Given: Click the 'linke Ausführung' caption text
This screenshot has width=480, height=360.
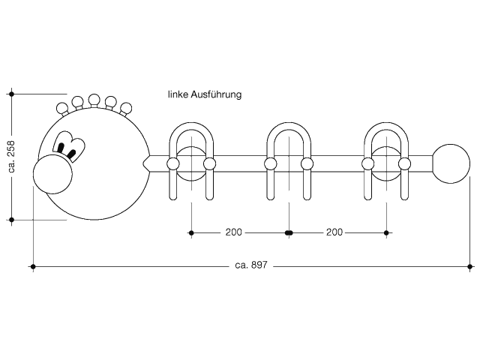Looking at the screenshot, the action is coord(205,94).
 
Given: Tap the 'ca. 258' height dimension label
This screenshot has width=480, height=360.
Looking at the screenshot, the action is coord(11,156).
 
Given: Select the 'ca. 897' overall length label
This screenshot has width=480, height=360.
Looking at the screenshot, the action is coord(251,265).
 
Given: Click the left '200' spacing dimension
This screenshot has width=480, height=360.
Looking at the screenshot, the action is coord(233,232).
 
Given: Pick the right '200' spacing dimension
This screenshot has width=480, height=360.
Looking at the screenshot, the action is coord(334,232).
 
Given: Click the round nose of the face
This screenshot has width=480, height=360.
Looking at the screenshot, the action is coord(52,174).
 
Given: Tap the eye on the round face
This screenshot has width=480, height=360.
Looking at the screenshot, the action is coord(68,146).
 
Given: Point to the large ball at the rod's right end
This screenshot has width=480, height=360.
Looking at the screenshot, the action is coord(451,163).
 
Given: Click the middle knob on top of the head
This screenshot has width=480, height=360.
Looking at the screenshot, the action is coord(94,100).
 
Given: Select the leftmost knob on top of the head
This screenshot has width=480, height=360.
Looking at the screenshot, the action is coord(62,108).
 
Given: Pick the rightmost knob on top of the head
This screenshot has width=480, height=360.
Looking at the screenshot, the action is coord(126,108).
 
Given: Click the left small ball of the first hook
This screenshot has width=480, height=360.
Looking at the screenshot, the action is coord(173,163).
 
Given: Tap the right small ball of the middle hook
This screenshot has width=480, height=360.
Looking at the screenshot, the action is coord(307,163).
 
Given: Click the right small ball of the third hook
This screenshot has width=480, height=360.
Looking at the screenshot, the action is coord(404,163).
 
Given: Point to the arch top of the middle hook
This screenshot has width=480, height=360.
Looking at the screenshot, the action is coord(289,126).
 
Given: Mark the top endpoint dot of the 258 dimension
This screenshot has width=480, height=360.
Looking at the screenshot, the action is coord(12,94).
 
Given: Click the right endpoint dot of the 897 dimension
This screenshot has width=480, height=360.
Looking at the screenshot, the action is coord(470,267).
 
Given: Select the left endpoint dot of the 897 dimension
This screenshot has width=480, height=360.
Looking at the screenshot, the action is coord(33,267).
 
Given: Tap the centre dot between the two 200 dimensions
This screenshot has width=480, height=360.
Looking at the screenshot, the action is coord(289,233).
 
